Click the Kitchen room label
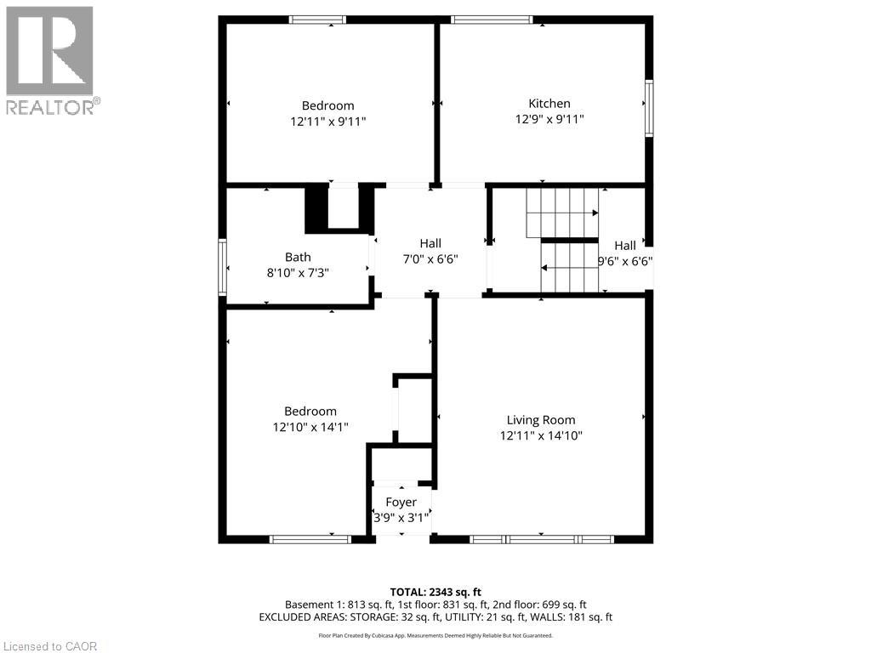(x=549, y=104)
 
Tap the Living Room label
(x=540, y=420)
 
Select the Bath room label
(x=298, y=257)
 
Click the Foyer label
(x=401, y=503)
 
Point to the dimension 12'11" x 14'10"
(x=540, y=435)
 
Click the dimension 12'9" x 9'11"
(x=549, y=120)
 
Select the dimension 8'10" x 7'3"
(x=298, y=272)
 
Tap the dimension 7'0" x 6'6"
(x=430, y=259)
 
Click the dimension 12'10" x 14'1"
(x=310, y=427)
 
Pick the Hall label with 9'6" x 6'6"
(x=625, y=246)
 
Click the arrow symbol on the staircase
(x=544, y=268)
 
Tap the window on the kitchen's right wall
(x=648, y=108)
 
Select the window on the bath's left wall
(x=223, y=268)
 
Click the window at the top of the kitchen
(x=491, y=20)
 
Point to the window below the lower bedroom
(x=310, y=538)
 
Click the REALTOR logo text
(x=50, y=107)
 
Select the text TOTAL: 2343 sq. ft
(x=435, y=592)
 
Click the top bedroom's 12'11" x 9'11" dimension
(x=328, y=122)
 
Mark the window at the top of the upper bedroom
(x=317, y=20)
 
